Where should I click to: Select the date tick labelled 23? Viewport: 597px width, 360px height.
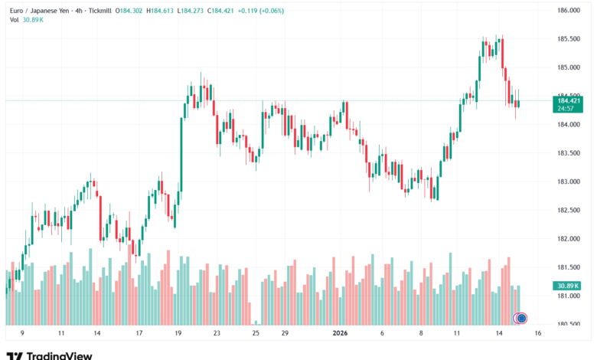[x=217, y=334]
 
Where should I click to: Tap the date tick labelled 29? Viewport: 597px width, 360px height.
[x=284, y=334]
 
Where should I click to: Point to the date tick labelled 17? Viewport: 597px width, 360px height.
[x=139, y=334]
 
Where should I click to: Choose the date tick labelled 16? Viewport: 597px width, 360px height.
[x=538, y=334]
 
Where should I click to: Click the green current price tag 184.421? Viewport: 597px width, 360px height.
[x=569, y=100]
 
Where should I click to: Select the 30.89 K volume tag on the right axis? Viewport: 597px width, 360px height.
[x=569, y=286]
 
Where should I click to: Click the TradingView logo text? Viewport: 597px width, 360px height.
[x=59, y=355]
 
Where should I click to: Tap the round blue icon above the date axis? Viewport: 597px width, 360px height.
[x=521, y=317]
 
